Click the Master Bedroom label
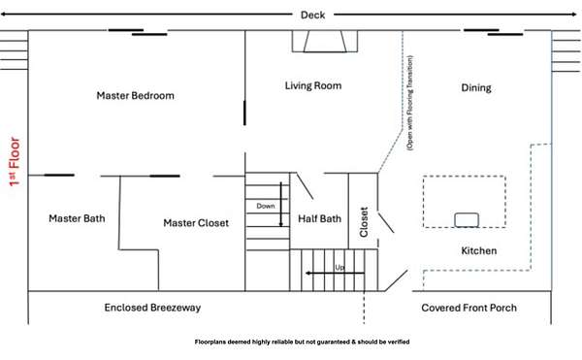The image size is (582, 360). pyautogui.click(x=135, y=96)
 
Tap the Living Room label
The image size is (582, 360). pyautogui.click(x=313, y=85)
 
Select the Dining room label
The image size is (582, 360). pyautogui.click(x=476, y=88)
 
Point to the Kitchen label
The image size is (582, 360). pyautogui.click(x=479, y=251)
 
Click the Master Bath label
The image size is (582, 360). pyautogui.click(x=77, y=218)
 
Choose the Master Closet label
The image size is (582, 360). pyautogui.click(x=196, y=223)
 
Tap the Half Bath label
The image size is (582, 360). pyautogui.click(x=319, y=219)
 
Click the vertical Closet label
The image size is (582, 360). pyautogui.click(x=364, y=222)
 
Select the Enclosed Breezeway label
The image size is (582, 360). pyautogui.click(x=152, y=308)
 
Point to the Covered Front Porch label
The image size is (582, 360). pyautogui.click(x=469, y=308)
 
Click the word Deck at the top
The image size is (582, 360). pyautogui.click(x=312, y=16)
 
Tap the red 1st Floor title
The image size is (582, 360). pyautogui.click(x=15, y=162)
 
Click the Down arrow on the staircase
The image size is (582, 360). pyautogui.click(x=281, y=204)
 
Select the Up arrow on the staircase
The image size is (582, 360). pyautogui.click(x=335, y=274)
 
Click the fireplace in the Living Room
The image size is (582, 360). pyautogui.click(x=325, y=41)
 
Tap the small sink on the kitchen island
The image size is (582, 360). pyautogui.click(x=467, y=219)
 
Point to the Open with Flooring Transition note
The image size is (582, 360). pyautogui.click(x=409, y=103)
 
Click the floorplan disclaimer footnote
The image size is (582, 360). pyautogui.click(x=302, y=342)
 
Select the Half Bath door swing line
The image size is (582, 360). pyautogui.click(x=305, y=185)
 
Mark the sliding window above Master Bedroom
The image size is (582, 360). pyautogui.click(x=138, y=32)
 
